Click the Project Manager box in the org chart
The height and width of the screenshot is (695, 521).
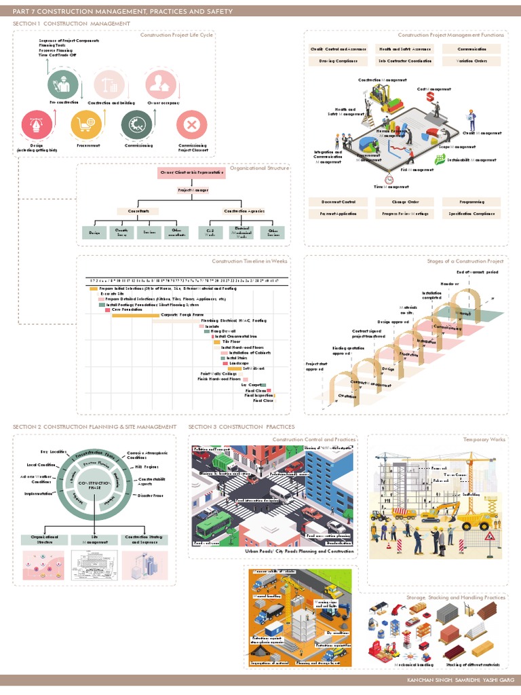[x=192, y=191]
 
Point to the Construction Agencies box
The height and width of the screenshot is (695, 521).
[x=244, y=212]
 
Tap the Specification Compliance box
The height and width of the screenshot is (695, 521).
[x=471, y=214]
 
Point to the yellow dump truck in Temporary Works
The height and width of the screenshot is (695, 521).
[x=475, y=519]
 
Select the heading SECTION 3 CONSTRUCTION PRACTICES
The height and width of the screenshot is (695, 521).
[x=242, y=426]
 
